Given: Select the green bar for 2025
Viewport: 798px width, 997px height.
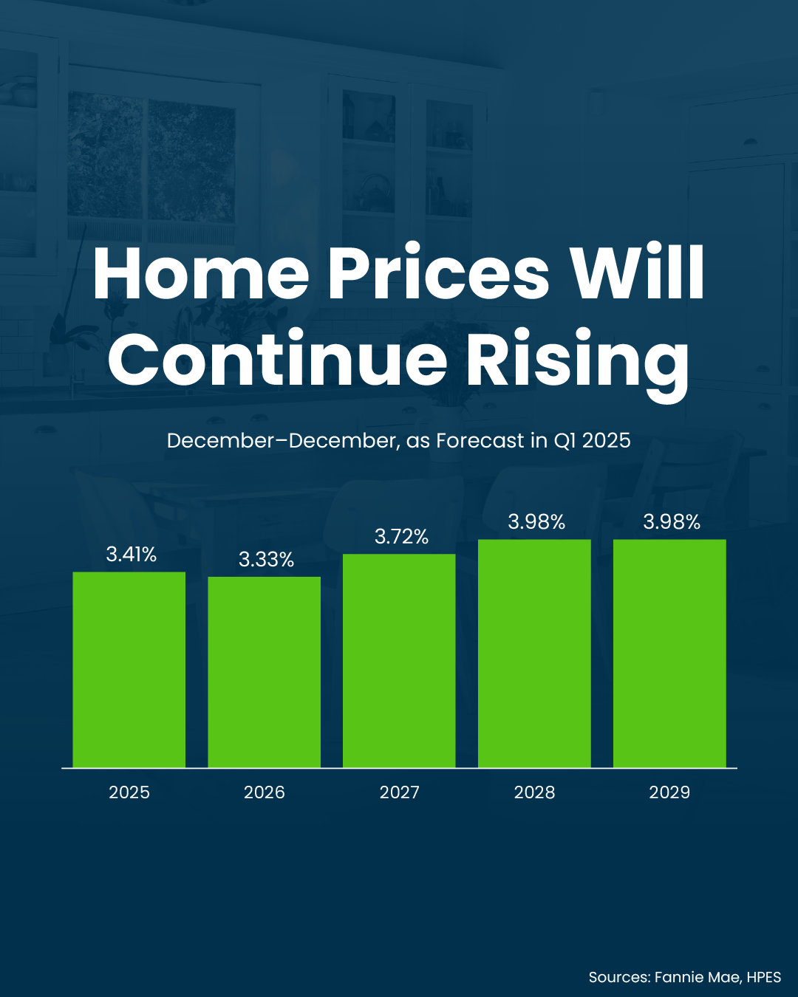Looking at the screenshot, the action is click(129, 669).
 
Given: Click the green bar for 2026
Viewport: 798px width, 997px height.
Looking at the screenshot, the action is click(264, 672).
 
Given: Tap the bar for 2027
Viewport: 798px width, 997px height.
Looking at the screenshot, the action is click(399, 661).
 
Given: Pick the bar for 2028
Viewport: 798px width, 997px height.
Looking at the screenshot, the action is click(534, 654).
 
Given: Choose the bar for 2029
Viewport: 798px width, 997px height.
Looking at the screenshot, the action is click(669, 654).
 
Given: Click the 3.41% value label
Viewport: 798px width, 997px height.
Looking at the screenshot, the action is click(132, 554).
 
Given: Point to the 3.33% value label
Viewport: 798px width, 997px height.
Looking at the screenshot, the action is click(266, 560).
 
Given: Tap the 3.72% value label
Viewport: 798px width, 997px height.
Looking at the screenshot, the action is click(401, 536).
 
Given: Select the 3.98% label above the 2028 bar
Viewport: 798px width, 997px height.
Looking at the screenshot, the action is click(536, 522).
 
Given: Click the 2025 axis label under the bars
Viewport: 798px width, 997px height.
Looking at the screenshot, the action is click(129, 792).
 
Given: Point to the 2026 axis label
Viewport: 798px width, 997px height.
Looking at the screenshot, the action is click(265, 792).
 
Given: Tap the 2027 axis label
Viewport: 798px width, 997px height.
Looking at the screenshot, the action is click(399, 792).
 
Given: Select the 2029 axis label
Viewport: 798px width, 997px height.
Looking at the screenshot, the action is click(669, 792).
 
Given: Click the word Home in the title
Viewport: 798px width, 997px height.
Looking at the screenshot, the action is click(201, 273).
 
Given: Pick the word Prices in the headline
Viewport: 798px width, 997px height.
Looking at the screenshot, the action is click(439, 273).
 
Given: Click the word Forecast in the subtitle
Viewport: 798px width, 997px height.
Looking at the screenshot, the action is click(480, 441).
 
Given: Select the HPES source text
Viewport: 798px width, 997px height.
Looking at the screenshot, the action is click(764, 977).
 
